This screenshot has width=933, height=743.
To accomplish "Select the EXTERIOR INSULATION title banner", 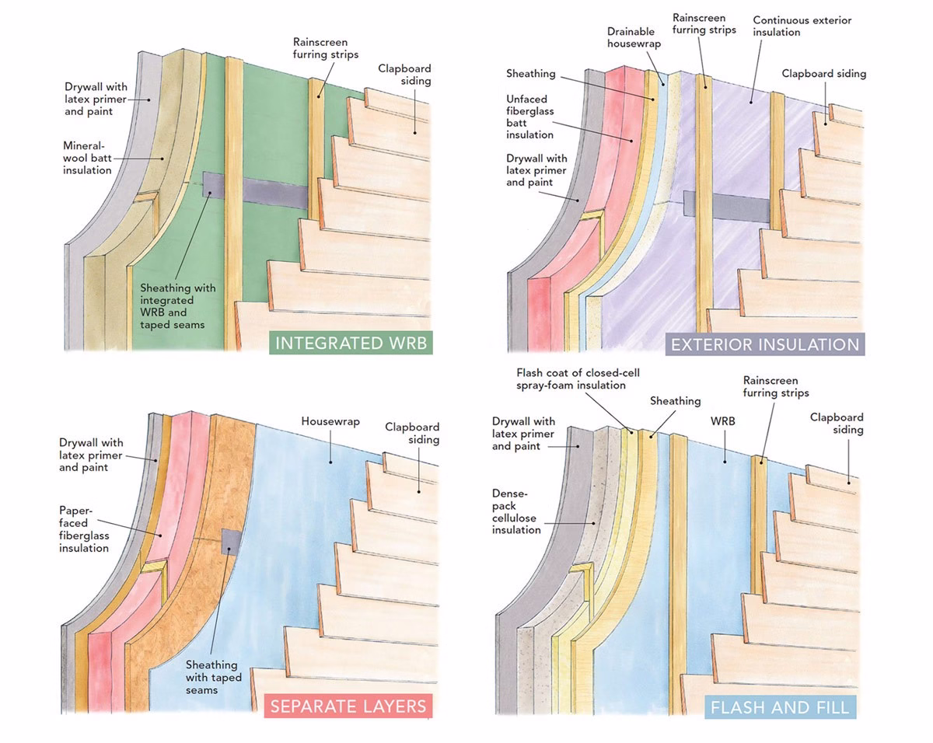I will click(764, 344).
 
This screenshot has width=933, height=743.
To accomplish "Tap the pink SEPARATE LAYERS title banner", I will click(348, 706).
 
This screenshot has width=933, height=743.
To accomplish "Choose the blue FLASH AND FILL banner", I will click(780, 707).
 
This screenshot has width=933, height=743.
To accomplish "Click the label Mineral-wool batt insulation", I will click(87, 158).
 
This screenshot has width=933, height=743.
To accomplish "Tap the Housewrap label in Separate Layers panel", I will click(330, 421).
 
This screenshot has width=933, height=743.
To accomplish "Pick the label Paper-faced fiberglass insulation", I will click(84, 529).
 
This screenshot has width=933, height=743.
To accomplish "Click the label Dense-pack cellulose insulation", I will click(515, 511).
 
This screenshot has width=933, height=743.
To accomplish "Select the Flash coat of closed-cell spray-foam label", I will click(570, 378).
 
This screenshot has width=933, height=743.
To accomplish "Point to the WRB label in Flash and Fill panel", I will click(722, 420).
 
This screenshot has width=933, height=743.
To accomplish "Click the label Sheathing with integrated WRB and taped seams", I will click(178, 306).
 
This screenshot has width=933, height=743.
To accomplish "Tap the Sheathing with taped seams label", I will click(213, 678).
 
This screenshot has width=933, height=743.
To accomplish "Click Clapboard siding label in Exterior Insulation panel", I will click(823, 74).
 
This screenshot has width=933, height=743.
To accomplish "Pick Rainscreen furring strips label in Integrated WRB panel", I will click(320, 48).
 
